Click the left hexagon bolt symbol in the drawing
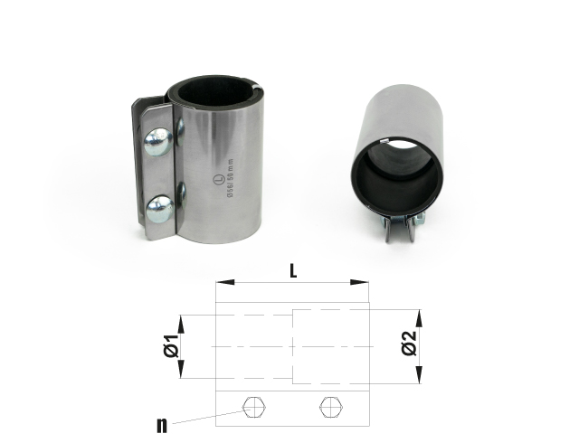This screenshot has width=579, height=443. coord(255,408)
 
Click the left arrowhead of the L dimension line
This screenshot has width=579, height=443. coord(221,283)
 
